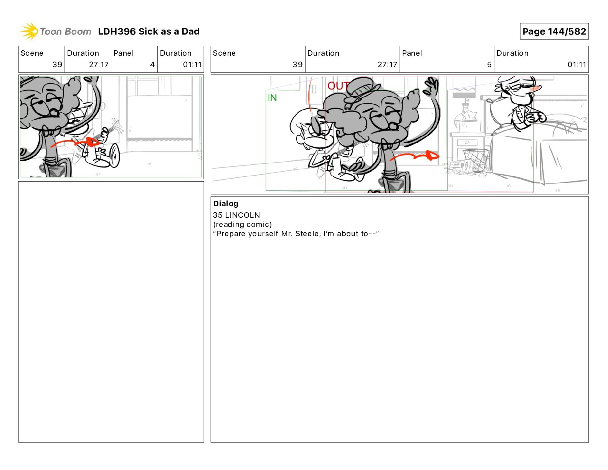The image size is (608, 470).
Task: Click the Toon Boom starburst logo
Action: [x=29, y=31]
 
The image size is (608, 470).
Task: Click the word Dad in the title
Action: [x=190, y=31]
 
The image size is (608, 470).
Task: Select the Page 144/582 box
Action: [x=554, y=31]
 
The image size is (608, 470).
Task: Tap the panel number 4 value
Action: [x=152, y=65]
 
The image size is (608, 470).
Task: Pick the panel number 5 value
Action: [x=489, y=65]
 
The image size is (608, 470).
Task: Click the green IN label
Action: [x=272, y=98]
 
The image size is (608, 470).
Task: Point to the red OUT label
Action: [x=338, y=86]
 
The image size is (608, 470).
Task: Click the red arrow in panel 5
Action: [x=414, y=156]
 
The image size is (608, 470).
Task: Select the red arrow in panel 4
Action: [x=75, y=142]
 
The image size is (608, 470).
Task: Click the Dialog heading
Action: [x=226, y=204]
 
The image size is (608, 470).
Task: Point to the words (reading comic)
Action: [x=242, y=224]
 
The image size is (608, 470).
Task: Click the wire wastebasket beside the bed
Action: [x=475, y=160]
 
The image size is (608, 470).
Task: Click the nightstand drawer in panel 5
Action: [x=467, y=142]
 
